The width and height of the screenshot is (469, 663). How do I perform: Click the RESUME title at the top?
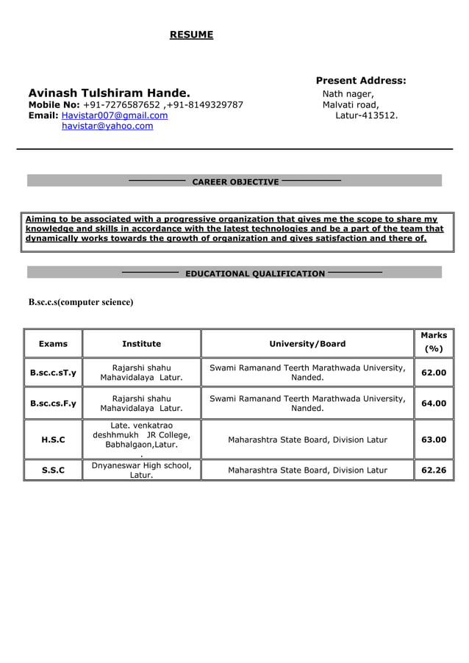(x=191, y=35)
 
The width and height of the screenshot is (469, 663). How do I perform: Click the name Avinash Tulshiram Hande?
(x=109, y=93)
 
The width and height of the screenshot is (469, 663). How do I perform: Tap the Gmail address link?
(x=114, y=115)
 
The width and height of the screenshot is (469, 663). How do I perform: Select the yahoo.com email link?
(x=107, y=126)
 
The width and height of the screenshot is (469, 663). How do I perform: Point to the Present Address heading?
(x=360, y=80)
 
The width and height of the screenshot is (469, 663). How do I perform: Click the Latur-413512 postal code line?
(x=366, y=115)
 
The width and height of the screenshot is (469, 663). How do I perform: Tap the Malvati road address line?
(x=351, y=104)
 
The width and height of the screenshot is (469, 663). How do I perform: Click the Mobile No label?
(x=54, y=104)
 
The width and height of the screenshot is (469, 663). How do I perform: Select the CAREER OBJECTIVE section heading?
(x=235, y=182)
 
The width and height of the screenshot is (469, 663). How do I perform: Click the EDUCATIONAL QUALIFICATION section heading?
(x=254, y=273)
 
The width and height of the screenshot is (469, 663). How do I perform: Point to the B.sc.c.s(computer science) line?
(x=81, y=302)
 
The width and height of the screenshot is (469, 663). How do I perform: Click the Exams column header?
(x=53, y=343)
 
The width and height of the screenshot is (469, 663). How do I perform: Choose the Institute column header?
(x=141, y=343)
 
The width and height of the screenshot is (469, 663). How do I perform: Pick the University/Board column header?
(x=307, y=343)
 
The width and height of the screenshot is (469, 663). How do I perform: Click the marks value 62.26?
(x=434, y=470)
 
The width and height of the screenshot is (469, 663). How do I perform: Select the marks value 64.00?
(x=434, y=403)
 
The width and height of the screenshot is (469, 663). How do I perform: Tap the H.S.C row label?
(x=53, y=440)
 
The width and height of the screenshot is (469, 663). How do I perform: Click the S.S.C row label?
(x=53, y=470)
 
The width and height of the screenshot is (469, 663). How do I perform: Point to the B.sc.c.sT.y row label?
(x=53, y=372)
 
